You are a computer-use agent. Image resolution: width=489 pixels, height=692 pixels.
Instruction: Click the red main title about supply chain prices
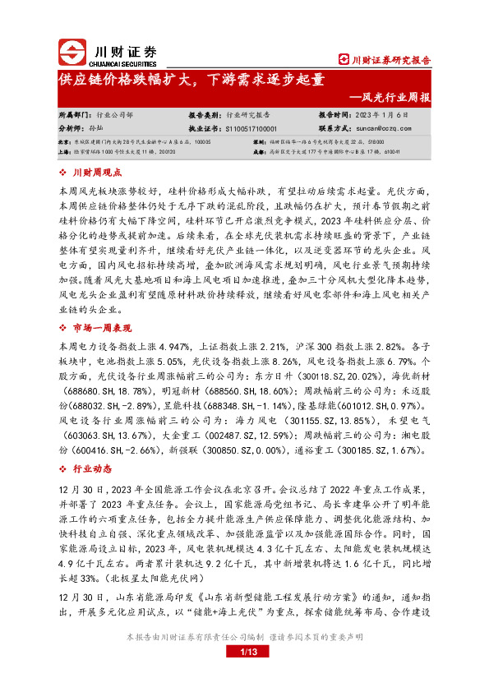tap(191, 80)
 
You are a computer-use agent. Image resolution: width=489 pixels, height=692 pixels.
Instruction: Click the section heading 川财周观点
tap(97, 173)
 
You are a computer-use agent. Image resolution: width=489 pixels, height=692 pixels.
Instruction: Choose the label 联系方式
tap(334, 129)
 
